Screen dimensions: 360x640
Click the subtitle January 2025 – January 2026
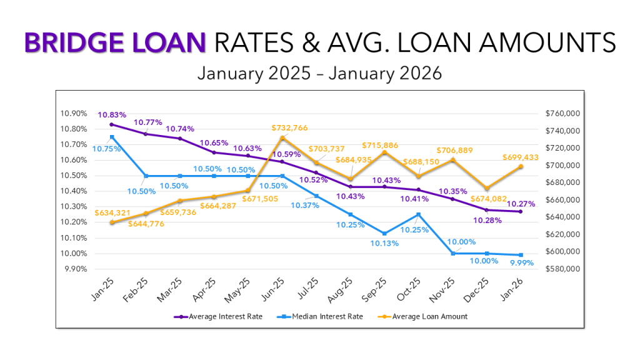point(319,73)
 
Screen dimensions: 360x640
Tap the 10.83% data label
point(112,115)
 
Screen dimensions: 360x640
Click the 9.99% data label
point(504,264)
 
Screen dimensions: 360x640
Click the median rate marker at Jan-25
point(112,137)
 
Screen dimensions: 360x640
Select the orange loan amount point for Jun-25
point(282,138)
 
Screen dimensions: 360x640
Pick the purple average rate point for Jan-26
point(520,212)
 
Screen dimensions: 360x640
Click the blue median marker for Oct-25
point(418,214)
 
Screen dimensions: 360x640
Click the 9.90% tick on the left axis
point(76,269)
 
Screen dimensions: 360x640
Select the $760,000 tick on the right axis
point(564,114)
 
